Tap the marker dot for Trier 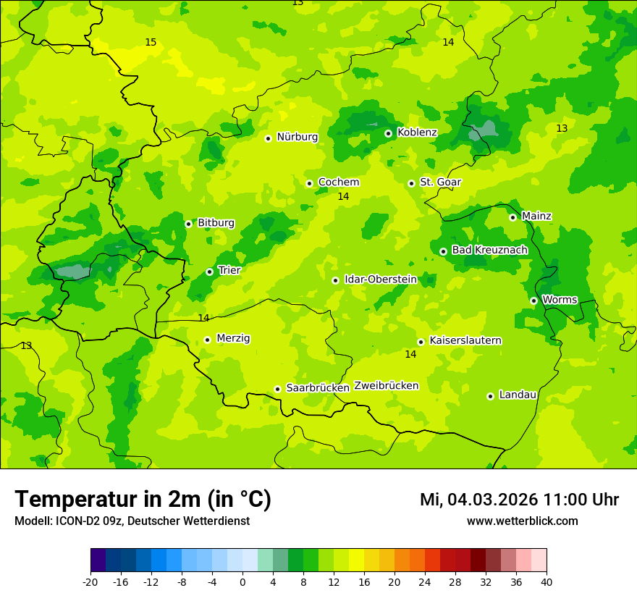click(x=209, y=272)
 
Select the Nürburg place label click(x=297, y=137)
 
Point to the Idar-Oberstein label click(x=381, y=280)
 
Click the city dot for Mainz click(x=512, y=217)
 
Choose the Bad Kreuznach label click(x=489, y=251)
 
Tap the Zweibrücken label click(x=386, y=386)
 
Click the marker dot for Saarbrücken click(x=277, y=389)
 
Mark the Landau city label click(x=518, y=395)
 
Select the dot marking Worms click(x=533, y=300)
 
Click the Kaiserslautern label click(x=465, y=341)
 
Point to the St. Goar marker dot click(x=411, y=183)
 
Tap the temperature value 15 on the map click(x=151, y=43)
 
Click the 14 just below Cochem click(x=343, y=197)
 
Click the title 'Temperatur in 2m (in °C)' click(x=143, y=500)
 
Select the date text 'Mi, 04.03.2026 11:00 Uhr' click(x=519, y=500)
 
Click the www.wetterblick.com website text click(x=522, y=521)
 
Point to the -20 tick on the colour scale click(x=90, y=581)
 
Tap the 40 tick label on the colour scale click(x=547, y=581)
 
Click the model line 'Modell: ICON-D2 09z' click(x=132, y=521)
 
